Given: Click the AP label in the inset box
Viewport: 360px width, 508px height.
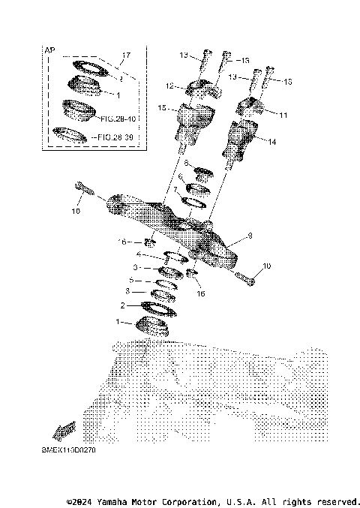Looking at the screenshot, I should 51,50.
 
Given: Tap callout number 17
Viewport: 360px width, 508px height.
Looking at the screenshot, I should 126,56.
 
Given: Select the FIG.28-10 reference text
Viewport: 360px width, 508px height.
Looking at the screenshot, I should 117,119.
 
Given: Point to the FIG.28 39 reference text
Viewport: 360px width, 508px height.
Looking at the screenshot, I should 117,138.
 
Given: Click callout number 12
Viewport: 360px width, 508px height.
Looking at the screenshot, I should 169,86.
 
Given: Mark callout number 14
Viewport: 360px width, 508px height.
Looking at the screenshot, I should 272,140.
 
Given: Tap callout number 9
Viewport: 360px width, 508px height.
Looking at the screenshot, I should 250,236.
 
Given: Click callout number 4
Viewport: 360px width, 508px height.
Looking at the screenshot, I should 138,254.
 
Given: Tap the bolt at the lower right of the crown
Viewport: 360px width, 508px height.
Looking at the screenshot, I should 248,281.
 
